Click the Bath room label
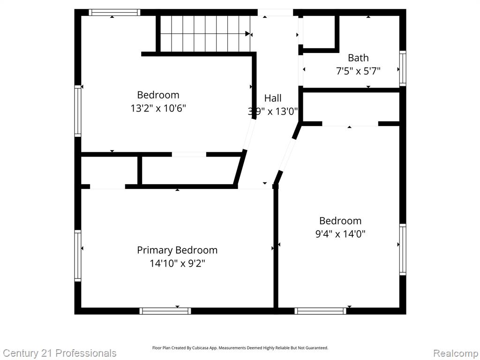click(358, 58)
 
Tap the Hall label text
click(273, 98)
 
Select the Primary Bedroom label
click(177, 250)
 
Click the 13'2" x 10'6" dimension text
click(158, 108)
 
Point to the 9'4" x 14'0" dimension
click(340, 234)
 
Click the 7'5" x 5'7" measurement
click(358, 71)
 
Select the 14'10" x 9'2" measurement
click(177, 263)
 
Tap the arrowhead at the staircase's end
click(247, 34)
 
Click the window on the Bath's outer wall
click(403, 68)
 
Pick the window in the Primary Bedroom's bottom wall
click(165, 311)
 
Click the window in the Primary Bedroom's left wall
click(78, 255)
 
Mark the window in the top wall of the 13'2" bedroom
click(114, 12)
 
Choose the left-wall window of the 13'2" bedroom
click(78, 111)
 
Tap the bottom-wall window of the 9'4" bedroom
click(321, 311)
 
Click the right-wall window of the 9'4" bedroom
click(403, 249)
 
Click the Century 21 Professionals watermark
click(60, 353)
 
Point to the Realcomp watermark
click(456, 353)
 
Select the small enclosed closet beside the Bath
click(319, 32)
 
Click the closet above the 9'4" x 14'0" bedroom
click(351, 107)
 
